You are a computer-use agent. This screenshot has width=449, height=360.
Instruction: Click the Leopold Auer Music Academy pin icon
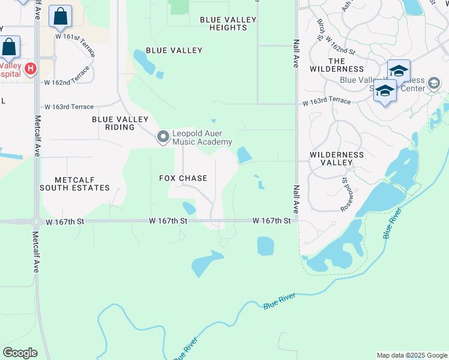[x=163, y=137]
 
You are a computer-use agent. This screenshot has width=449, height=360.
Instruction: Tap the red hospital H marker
[x=29, y=70]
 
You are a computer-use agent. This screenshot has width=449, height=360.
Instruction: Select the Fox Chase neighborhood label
[x=183, y=178]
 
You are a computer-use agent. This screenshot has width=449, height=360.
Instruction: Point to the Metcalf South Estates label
[x=75, y=184]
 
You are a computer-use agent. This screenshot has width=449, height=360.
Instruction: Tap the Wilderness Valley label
[x=336, y=158]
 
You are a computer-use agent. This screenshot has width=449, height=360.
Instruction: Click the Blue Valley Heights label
[x=228, y=23]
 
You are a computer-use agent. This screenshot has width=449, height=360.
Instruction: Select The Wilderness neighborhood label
[x=337, y=65]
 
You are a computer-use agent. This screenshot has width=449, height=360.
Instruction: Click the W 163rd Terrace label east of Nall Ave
[x=327, y=101]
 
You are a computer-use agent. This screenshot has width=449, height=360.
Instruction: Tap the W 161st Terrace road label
[x=76, y=46]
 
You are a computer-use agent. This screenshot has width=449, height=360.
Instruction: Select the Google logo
[x=20, y=353]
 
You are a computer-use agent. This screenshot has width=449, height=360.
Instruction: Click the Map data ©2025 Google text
[x=411, y=355]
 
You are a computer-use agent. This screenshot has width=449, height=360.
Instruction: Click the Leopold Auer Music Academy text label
[x=202, y=137]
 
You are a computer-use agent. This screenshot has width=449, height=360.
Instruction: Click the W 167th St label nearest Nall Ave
[x=272, y=221]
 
